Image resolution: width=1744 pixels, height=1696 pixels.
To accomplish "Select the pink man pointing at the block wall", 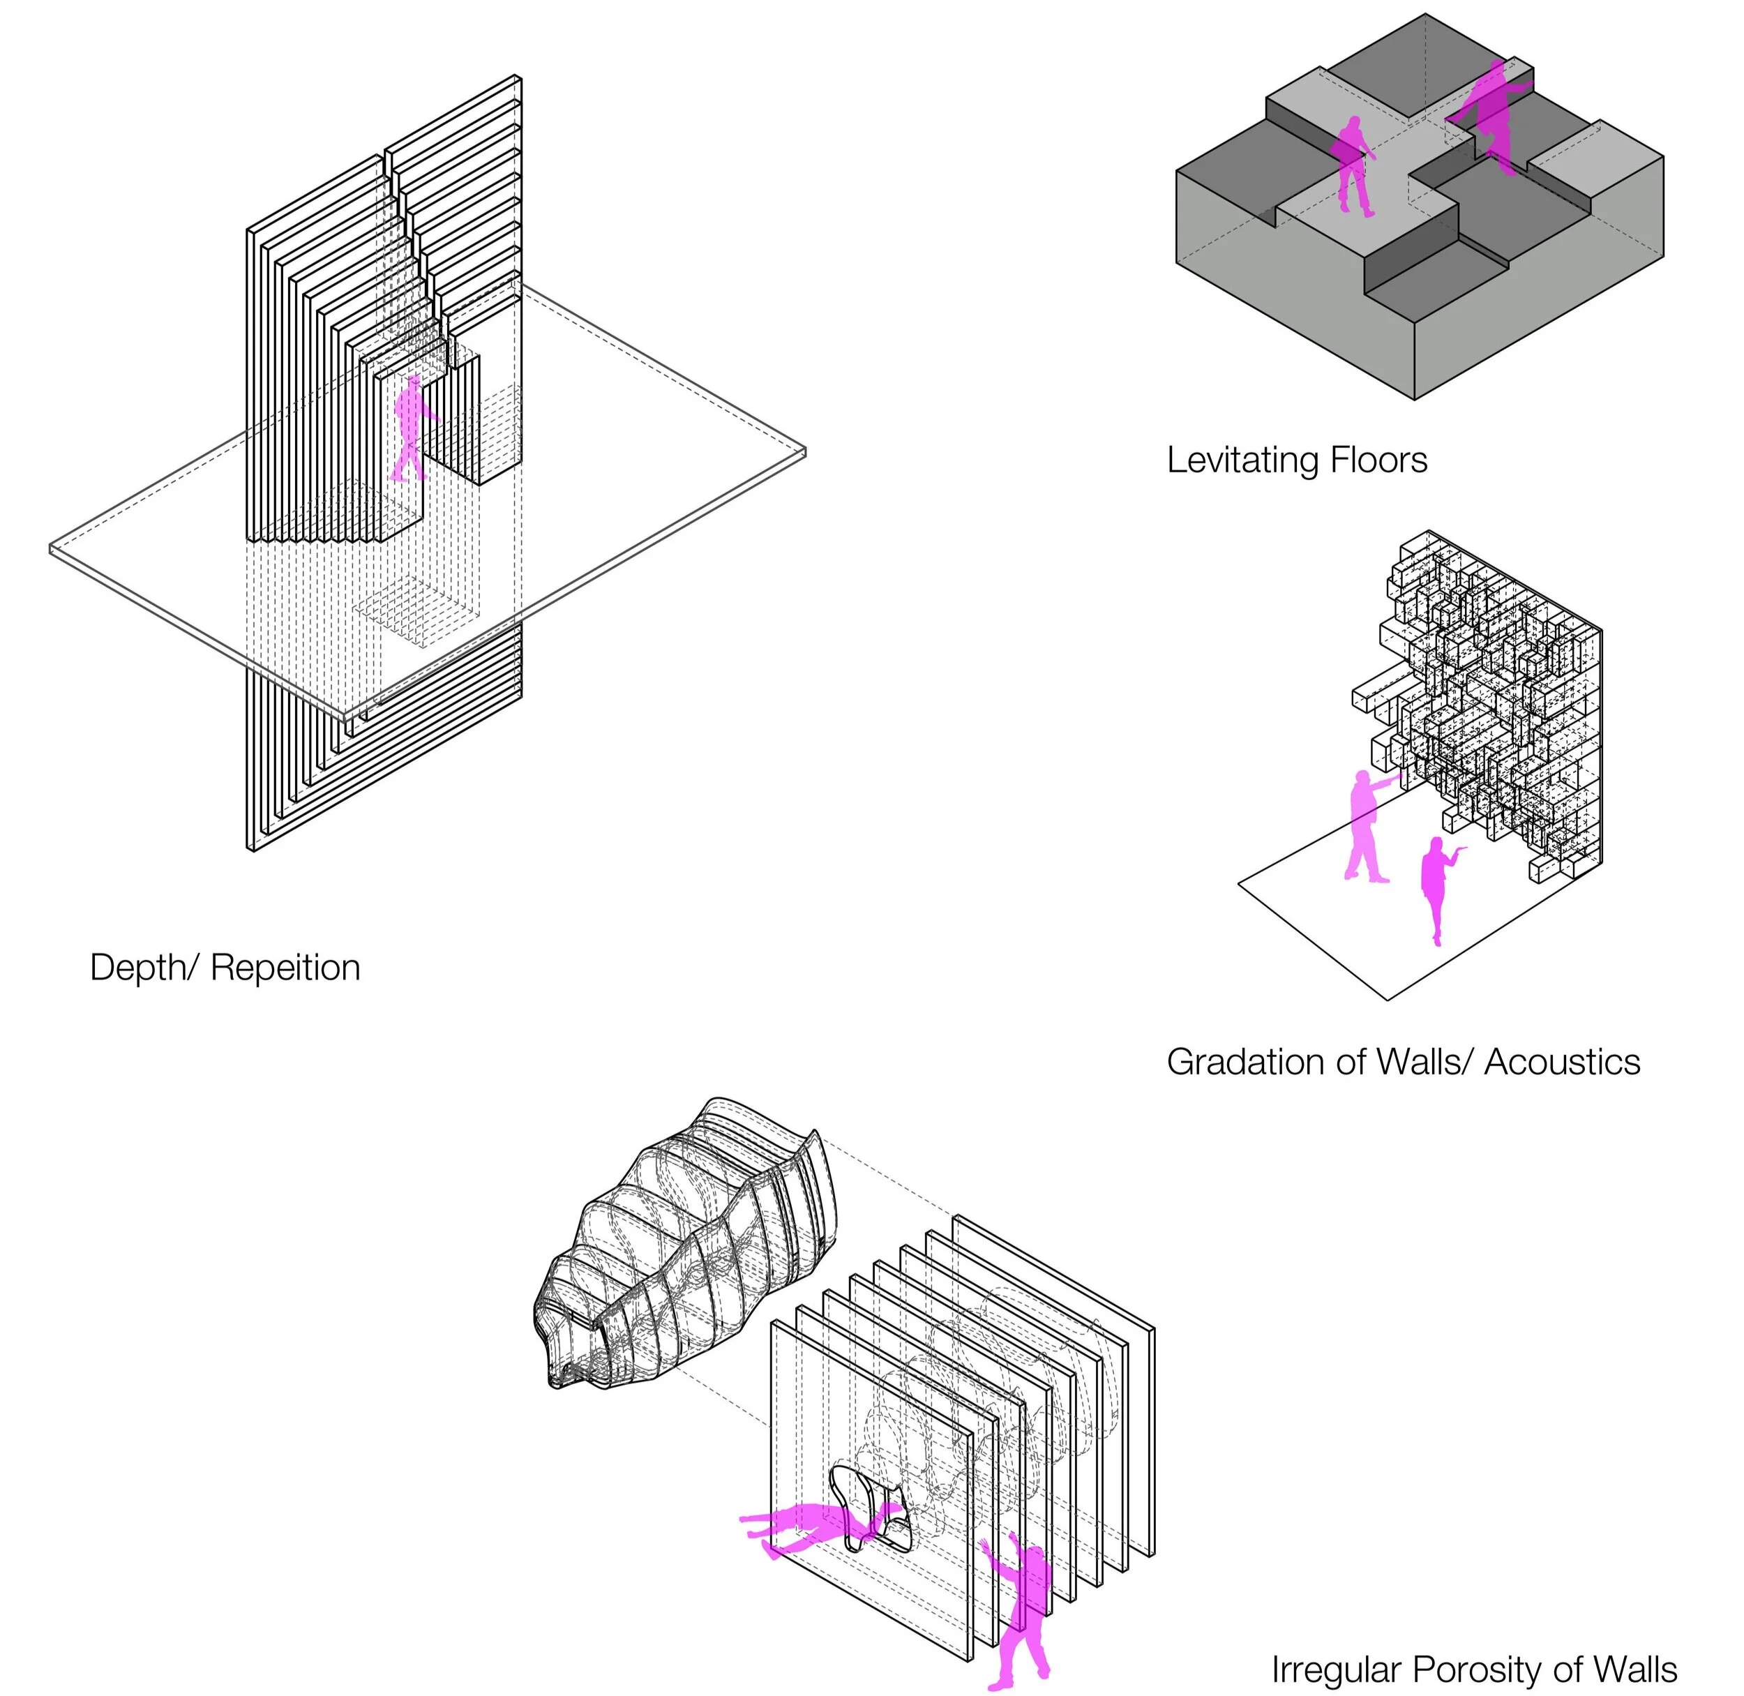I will (x=1365, y=825).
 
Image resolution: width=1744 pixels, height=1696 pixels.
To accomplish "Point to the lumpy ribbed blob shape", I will (x=686, y=1247).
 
